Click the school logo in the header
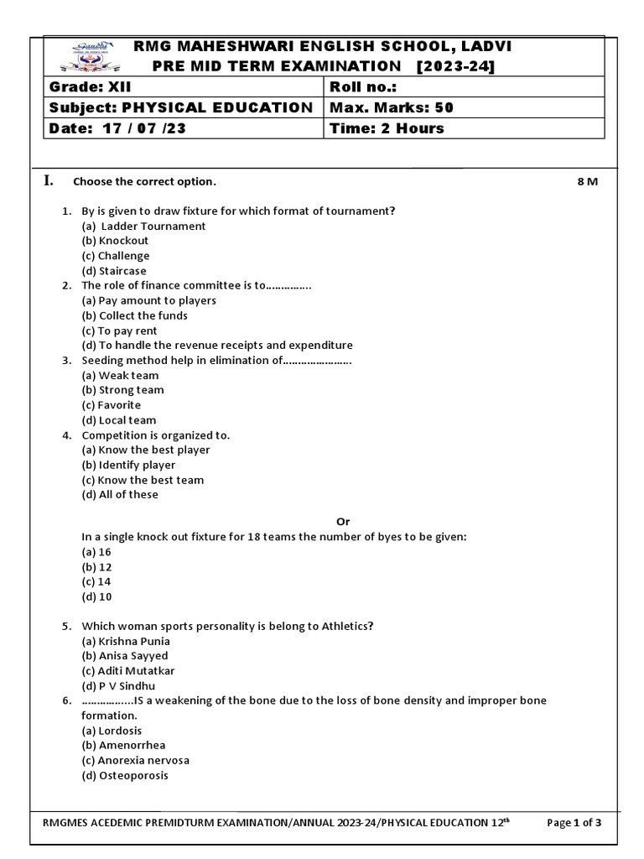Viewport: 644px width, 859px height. point(83,56)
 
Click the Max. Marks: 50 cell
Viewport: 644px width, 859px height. point(392,107)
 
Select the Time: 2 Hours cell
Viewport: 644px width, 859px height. point(387,128)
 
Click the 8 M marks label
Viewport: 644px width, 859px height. point(587,182)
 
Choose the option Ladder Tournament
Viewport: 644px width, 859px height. point(143,226)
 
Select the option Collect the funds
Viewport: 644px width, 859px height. point(134,315)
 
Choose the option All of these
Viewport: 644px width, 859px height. point(120,495)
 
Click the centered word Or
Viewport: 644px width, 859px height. point(342,522)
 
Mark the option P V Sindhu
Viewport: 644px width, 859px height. point(118,686)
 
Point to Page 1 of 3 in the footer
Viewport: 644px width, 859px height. point(574,823)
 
